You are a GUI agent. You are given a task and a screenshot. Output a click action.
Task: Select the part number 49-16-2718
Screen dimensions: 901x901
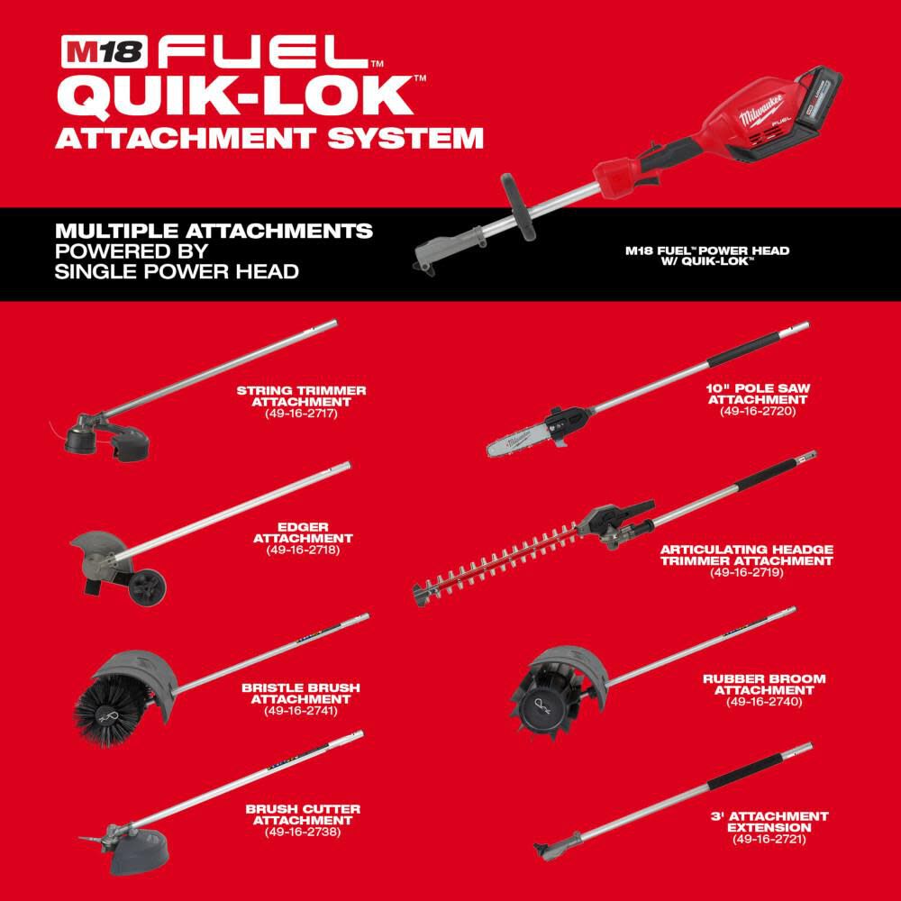(x=303, y=550)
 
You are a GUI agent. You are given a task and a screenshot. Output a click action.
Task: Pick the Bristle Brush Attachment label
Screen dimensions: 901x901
(x=300, y=693)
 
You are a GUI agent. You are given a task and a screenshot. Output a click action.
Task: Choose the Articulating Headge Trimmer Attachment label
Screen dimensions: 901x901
(x=746, y=555)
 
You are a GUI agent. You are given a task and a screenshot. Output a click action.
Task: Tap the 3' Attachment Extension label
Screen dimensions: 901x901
(x=768, y=822)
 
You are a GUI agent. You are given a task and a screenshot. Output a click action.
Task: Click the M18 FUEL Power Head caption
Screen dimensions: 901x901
(x=706, y=256)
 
